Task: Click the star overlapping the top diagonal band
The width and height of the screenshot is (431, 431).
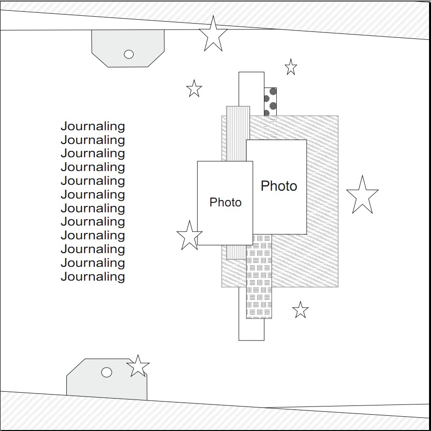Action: (213, 34)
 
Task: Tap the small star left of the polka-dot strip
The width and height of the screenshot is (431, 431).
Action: (194, 89)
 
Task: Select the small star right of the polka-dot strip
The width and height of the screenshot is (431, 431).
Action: (291, 67)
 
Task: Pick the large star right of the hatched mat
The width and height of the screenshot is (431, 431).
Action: (362, 196)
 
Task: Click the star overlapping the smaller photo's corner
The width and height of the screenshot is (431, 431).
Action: (189, 236)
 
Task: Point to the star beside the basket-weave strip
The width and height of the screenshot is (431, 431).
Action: (300, 310)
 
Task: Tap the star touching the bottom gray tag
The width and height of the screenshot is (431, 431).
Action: (138, 367)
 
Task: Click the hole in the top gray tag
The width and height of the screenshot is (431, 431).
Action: (129, 54)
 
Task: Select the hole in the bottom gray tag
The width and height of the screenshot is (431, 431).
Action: (107, 372)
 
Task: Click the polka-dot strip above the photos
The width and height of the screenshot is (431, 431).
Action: (270, 101)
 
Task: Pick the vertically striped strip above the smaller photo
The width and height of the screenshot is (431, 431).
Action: (238, 133)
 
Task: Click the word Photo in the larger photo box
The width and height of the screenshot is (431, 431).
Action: (279, 186)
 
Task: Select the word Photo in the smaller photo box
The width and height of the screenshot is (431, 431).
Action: (226, 202)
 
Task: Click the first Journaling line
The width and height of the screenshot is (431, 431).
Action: (93, 126)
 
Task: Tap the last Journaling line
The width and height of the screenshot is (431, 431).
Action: (93, 277)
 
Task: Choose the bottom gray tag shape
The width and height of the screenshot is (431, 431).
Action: (98, 383)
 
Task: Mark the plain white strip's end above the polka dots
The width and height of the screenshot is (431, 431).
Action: (251, 81)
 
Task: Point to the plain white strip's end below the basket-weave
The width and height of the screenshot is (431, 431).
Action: (251, 329)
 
